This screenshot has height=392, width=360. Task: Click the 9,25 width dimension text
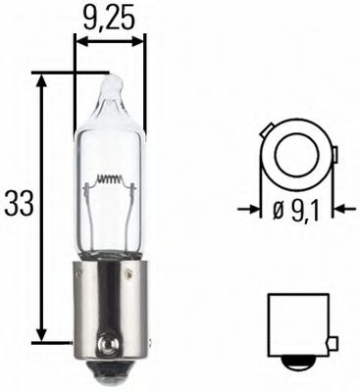tap(109, 17)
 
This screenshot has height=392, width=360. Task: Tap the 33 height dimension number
tap(19, 204)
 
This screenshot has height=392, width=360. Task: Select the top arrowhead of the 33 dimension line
tap(41, 78)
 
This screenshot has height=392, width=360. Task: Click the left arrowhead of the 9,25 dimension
tap(80, 43)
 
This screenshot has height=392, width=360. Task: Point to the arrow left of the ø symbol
tap(249, 209)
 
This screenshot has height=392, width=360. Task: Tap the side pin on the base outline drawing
tap(334, 342)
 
